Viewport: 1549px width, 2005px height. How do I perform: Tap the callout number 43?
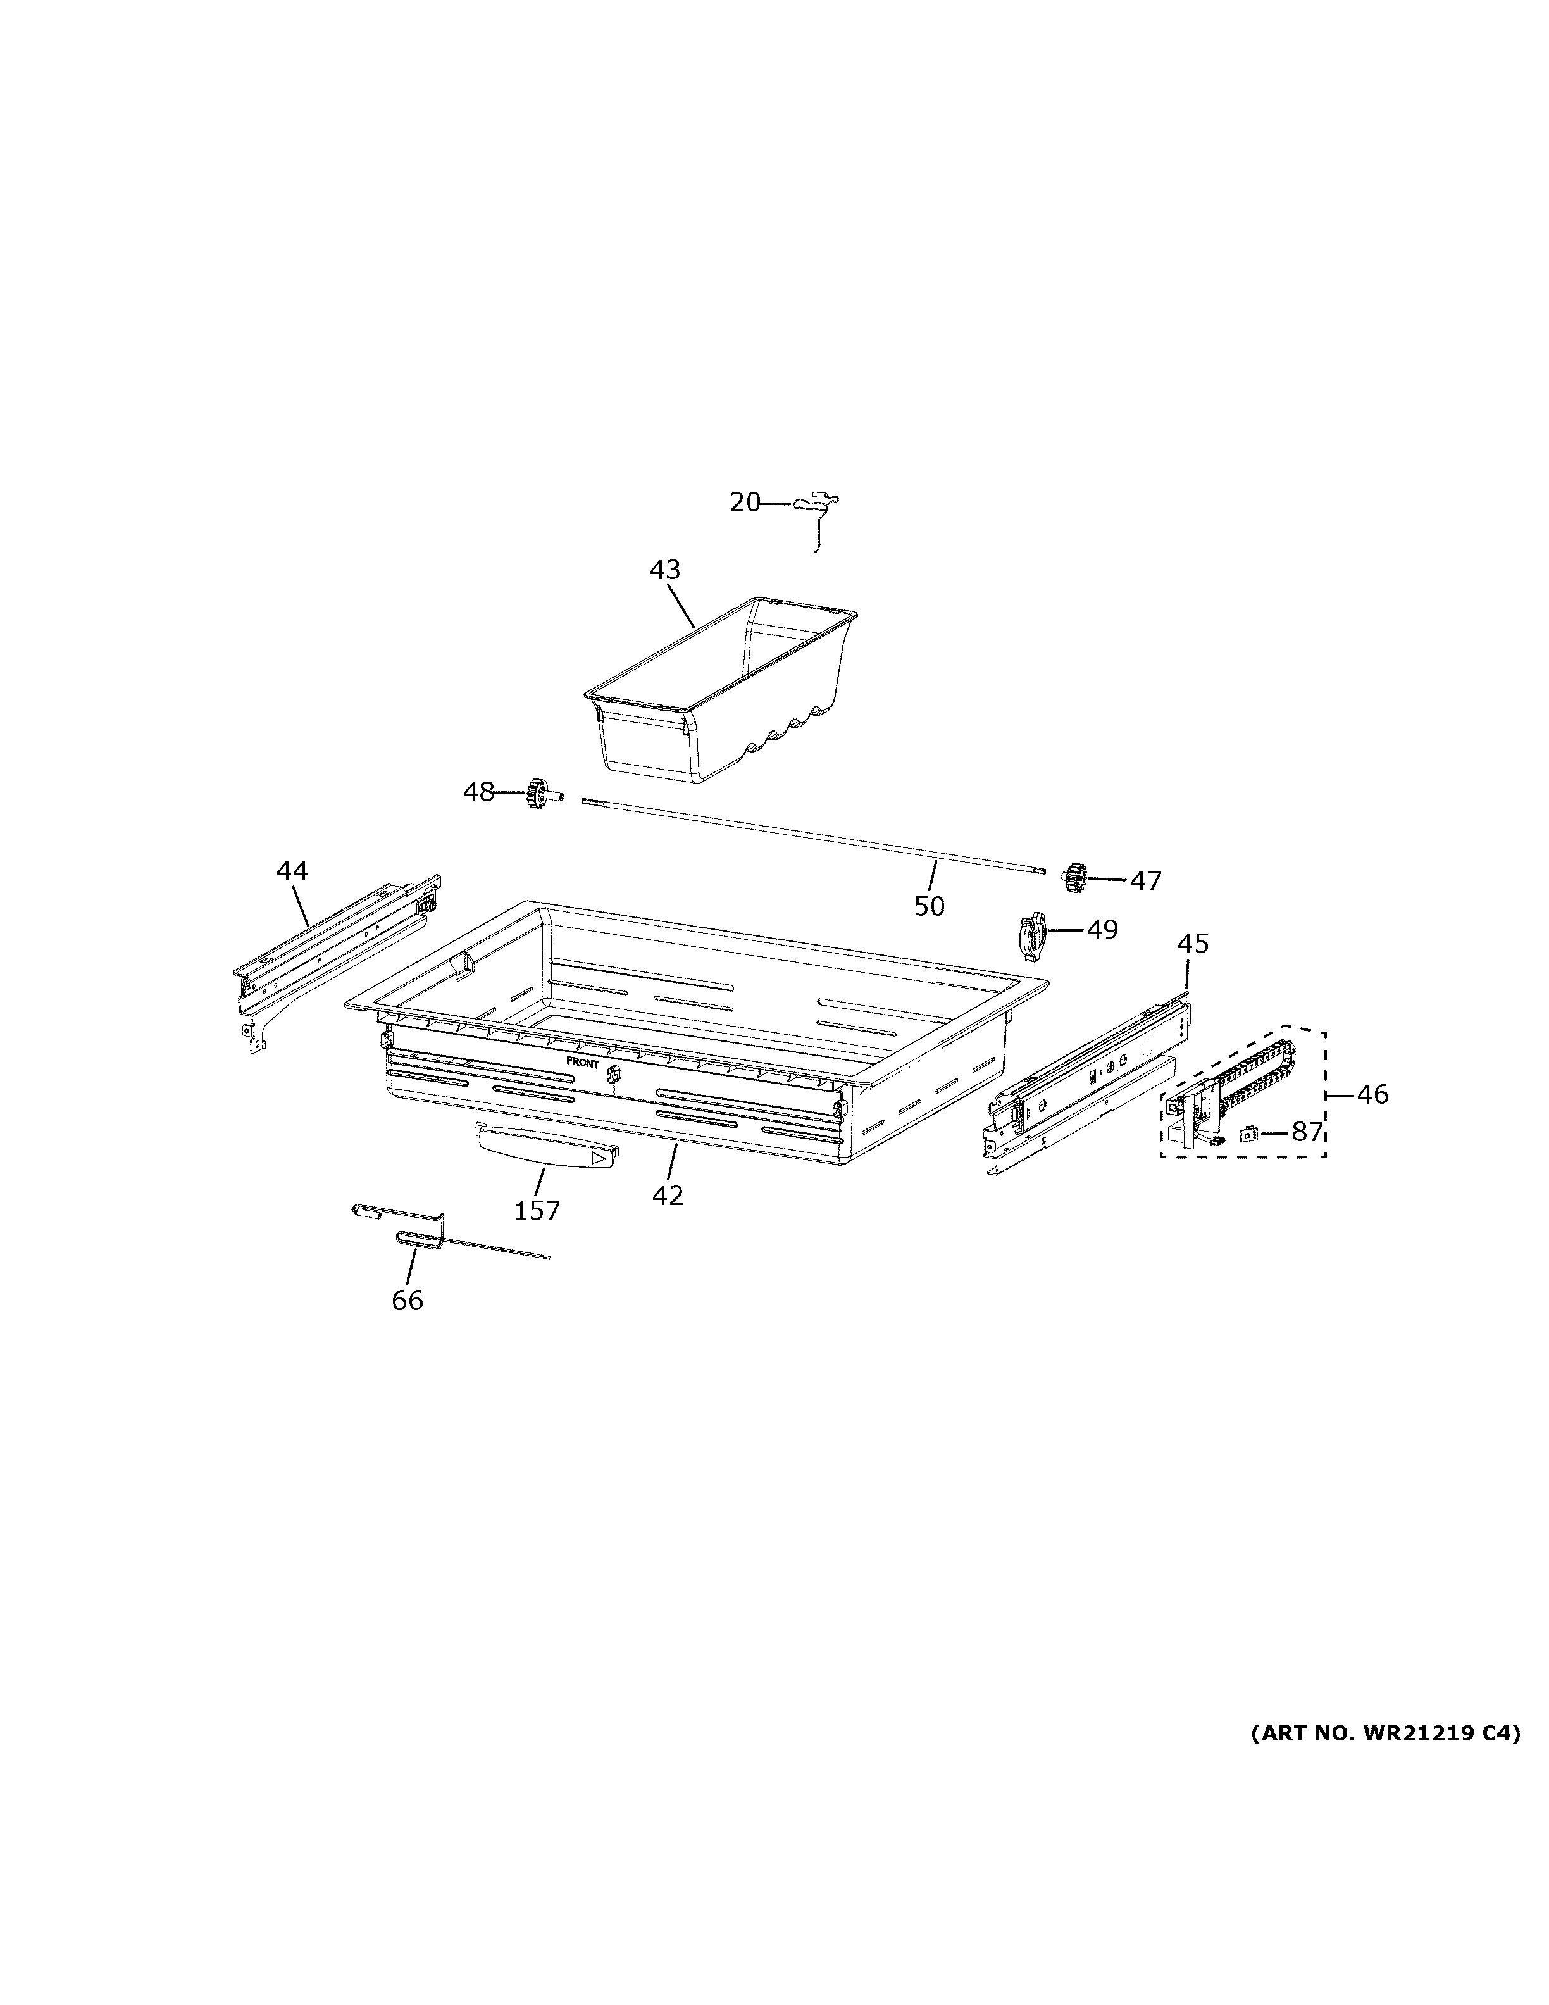664,570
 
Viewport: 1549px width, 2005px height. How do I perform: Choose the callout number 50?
929,906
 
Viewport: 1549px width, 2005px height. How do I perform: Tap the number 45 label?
1193,944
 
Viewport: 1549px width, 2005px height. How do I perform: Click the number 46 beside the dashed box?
1373,1094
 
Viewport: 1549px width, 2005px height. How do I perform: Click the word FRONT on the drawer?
583,1063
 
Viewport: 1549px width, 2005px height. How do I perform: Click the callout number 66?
407,1301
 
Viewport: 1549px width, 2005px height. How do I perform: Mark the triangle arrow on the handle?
599,1159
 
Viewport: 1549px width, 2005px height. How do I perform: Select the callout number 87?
1307,1132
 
